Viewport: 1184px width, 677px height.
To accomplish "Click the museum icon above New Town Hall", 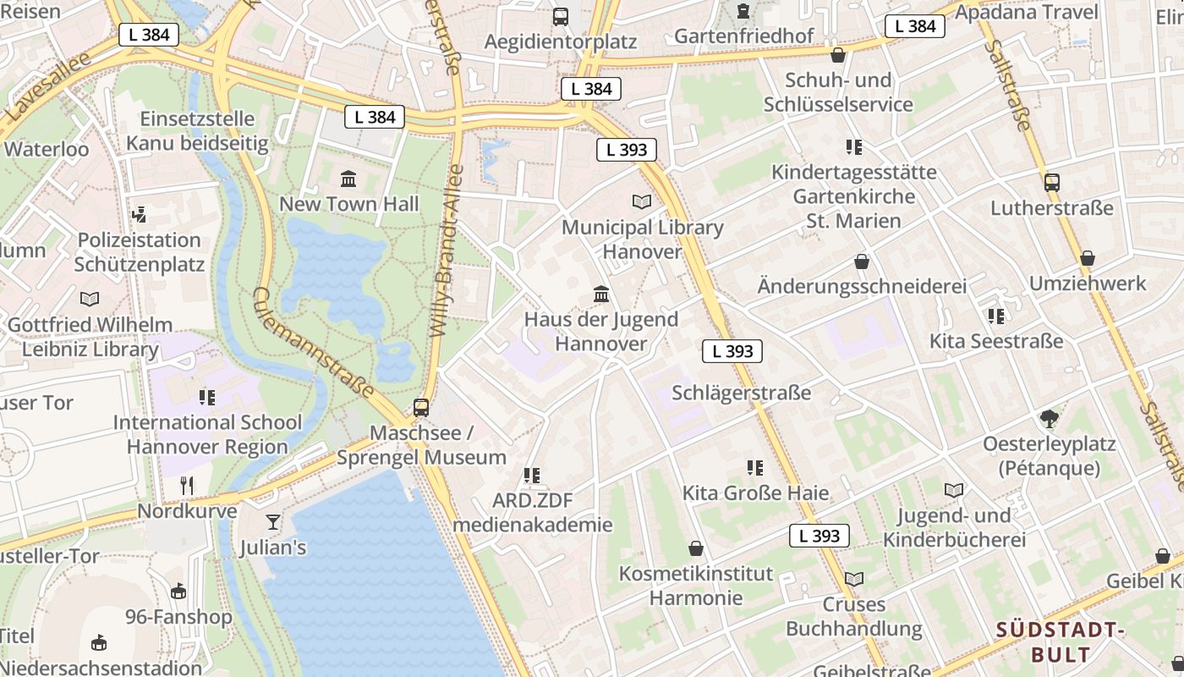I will point(348,179).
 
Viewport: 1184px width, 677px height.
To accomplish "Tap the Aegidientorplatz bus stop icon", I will point(560,16).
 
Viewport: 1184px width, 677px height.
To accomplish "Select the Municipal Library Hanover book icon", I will point(642,201).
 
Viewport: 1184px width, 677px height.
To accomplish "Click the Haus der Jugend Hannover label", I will point(601,332).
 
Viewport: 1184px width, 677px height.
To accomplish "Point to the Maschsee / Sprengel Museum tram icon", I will point(421,407).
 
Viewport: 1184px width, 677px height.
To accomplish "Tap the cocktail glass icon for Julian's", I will point(272,521).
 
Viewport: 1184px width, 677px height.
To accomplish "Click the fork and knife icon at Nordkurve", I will point(187,485).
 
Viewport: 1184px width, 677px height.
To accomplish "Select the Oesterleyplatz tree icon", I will point(1049,418).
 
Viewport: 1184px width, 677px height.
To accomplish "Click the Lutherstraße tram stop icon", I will point(1052,182).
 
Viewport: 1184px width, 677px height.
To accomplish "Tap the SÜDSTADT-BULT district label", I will point(1061,641).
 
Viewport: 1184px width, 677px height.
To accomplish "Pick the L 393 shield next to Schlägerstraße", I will point(732,351).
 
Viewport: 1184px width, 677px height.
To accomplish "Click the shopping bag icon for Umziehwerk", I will point(1088,257).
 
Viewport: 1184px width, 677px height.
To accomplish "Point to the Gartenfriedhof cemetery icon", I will point(743,11).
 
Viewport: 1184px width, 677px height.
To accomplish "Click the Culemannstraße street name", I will point(314,342).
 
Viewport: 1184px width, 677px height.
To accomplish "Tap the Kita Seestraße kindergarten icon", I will point(996,316).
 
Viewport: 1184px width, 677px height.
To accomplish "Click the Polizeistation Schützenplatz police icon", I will point(140,214).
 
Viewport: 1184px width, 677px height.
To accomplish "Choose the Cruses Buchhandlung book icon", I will point(854,579).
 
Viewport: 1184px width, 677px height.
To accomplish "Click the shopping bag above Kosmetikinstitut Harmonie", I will point(695,548).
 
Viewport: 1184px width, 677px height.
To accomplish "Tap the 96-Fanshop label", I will point(178,616).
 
